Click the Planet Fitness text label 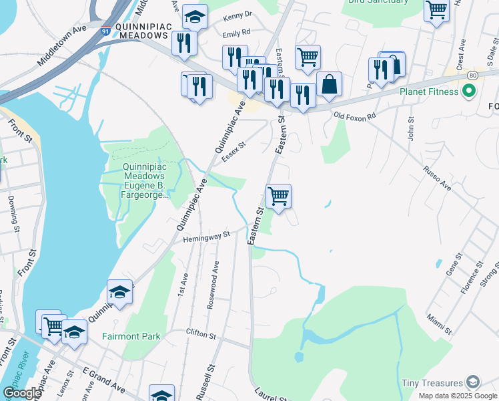(x=428, y=92)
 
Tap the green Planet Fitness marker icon (x=469, y=92)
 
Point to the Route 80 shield (x=472, y=74)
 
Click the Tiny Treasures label (x=432, y=383)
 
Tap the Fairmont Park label (x=131, y=336)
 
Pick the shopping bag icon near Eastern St (x=329, y=85)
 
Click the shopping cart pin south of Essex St (x=278, y=196)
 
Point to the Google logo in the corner (x=22, y=393)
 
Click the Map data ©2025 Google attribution (x=458, y=396)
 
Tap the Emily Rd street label (x=236, y=32)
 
